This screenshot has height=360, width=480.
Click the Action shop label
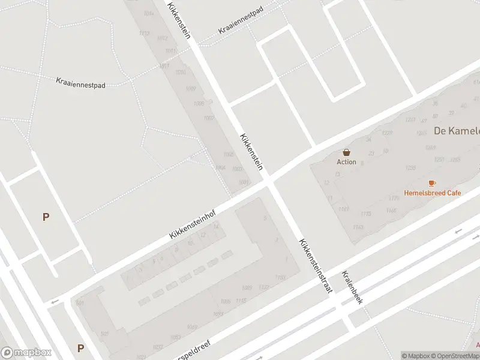[x=346, y=162]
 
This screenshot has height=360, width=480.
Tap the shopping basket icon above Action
[x=346, y=152]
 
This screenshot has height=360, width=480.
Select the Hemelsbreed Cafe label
[x=432, y=193]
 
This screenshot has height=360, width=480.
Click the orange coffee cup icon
[x=432, y=183]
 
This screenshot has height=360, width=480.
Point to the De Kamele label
[x=457, y=131]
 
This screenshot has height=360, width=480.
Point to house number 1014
[x=148, y=13]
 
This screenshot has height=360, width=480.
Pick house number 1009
[x=191, y=89]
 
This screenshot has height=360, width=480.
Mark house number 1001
[x=243, y=182]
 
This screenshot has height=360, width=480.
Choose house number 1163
[x=358, y=227]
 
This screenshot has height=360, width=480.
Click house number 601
[x=80, y=303]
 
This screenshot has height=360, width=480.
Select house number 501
[x=104, y=334]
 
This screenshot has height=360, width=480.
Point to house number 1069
[x=191, y=327]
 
